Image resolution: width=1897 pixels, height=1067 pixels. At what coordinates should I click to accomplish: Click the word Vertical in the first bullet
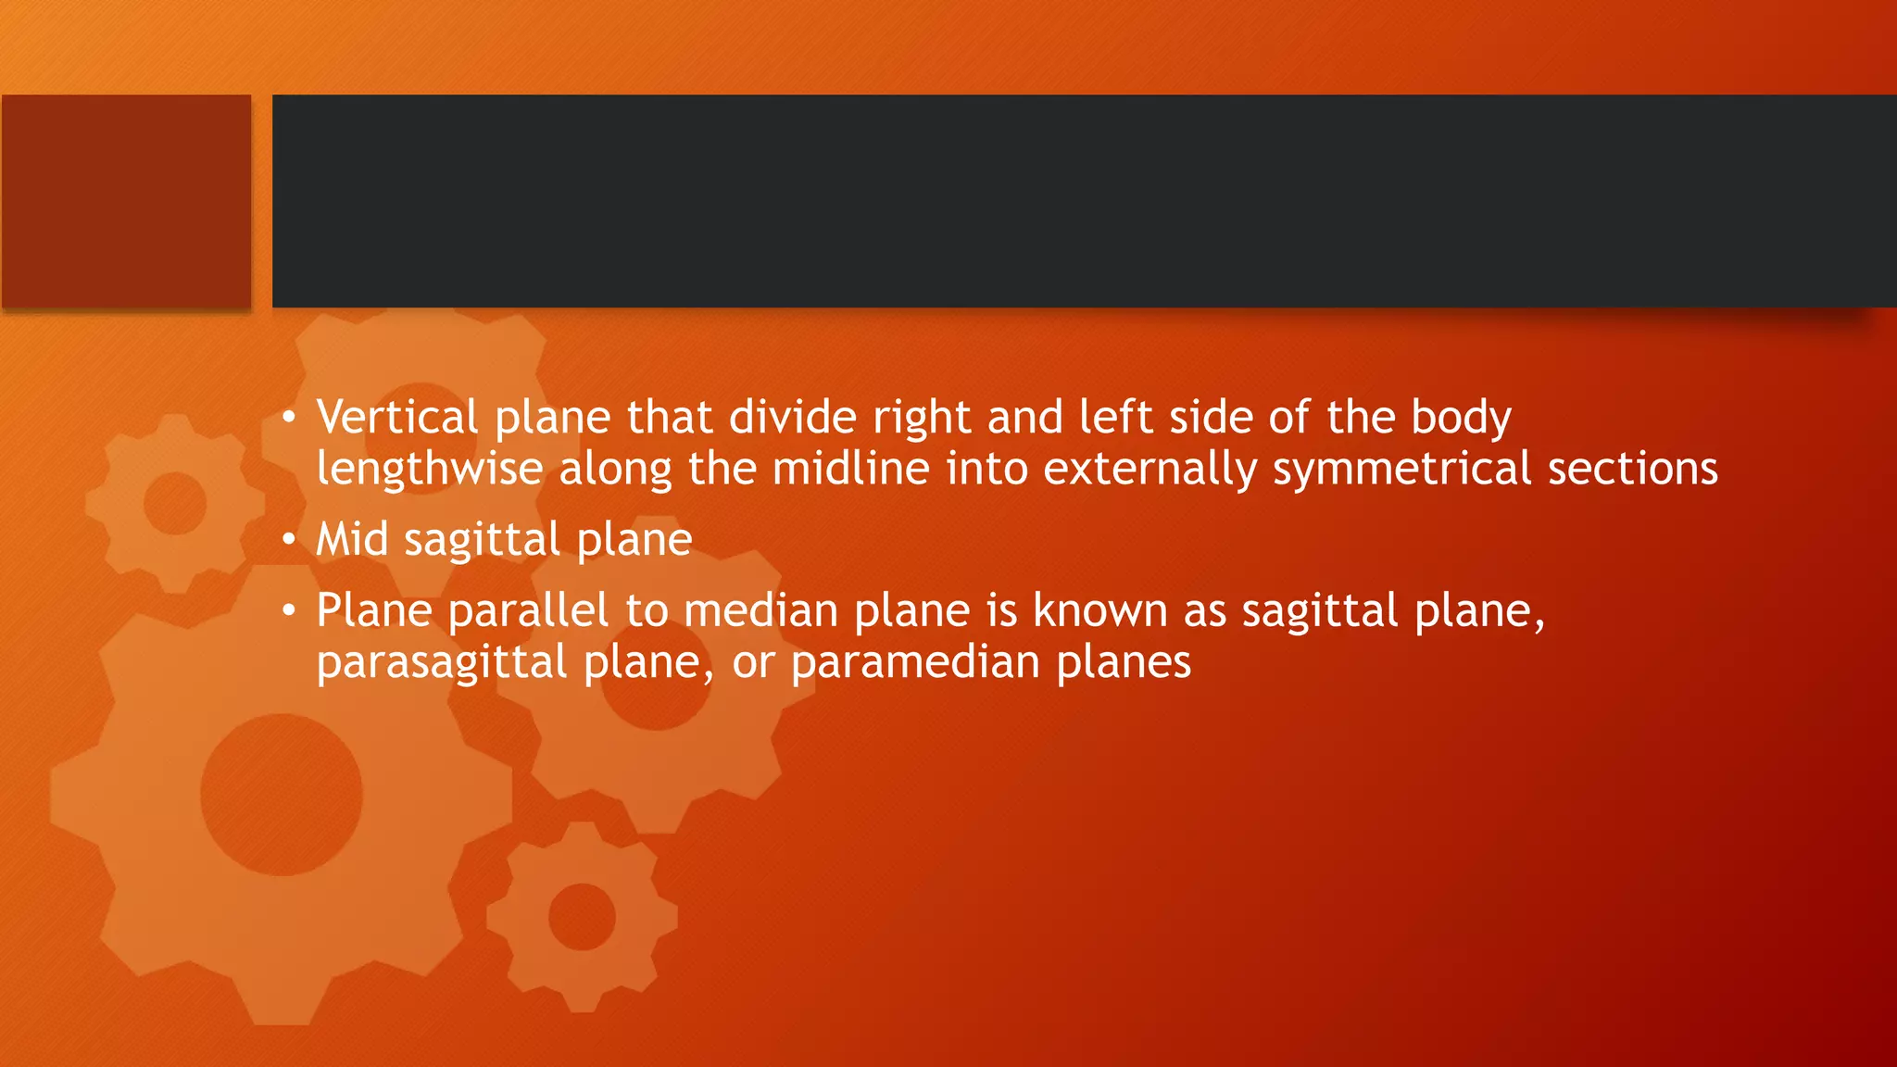pyautogui.click(x=397, y=418)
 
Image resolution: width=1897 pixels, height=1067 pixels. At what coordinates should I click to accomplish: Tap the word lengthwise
pyautogui.click(x=430, y=470)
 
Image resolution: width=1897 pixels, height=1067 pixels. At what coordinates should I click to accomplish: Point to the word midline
pyautogui.click(x=850, y=470)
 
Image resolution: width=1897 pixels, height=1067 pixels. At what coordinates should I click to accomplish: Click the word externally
pyautogui.click(x=1150, y=470)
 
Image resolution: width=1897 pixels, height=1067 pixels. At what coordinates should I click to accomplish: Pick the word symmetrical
pyautogui.click(x=1401, y=470)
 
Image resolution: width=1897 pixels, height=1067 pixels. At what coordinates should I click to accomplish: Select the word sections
pyautogui.click(x=1633, y=470)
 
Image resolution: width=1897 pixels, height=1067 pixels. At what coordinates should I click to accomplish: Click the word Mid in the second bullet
pyautogui.click(x=352, y=540)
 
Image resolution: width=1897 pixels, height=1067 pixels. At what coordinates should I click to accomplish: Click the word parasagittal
pyautogui.click(x=442, y=663)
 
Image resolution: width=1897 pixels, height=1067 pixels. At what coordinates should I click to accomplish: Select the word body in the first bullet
pyautogui.click(x=1461, y=418)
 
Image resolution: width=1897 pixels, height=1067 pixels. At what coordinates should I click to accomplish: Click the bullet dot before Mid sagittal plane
pyautogui.click(x=290, y=539)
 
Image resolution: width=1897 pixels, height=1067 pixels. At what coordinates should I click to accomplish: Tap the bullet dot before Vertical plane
pyautogui.click(x=290, y=418)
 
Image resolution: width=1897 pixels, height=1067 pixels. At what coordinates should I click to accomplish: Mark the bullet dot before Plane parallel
pyautogui.click(x=290, y=610)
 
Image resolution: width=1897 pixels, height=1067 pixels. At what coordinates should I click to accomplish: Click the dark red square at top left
pyautogui.click(x=126, y=201)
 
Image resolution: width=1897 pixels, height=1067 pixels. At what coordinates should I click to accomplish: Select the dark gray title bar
pyautogui.click(x=1084, y=201)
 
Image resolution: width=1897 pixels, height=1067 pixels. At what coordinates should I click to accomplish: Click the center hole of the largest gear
pyautogui.click(x=282, y=795)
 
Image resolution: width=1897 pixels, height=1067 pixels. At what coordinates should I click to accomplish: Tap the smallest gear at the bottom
pyautogui.click(x=582, y=917)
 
